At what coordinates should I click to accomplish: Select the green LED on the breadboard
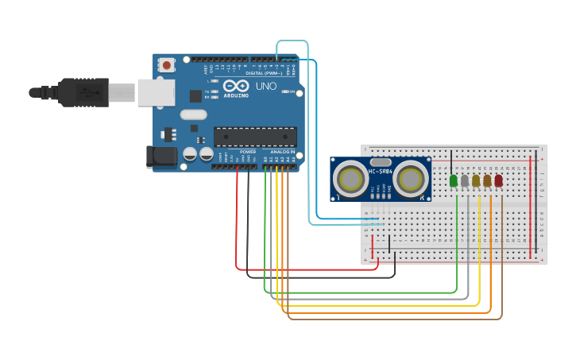454,181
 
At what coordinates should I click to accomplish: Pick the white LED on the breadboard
465,181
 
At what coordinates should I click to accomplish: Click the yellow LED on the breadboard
476,181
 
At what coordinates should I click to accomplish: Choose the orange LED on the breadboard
487,181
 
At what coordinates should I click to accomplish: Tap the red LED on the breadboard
498,181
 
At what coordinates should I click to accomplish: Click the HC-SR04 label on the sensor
381,172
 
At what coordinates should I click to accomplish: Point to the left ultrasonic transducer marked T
350,180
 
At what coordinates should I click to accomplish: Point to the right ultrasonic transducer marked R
410,180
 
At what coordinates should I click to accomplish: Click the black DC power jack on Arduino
162,157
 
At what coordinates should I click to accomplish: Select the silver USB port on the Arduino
156,91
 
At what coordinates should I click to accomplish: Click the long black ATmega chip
255,137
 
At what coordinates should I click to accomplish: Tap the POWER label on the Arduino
248,151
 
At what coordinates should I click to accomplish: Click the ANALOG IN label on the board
282,151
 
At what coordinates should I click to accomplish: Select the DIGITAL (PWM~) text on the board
262,72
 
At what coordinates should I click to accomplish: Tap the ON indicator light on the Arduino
286,92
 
